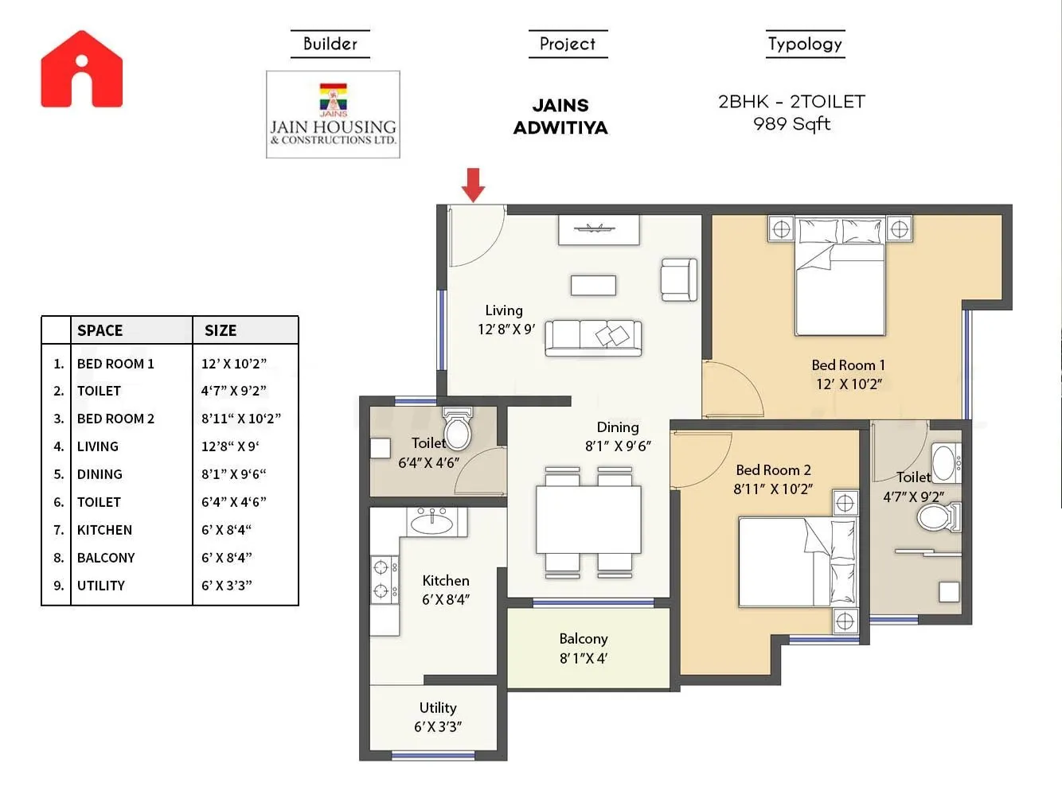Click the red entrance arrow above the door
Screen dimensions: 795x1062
click(474, 185)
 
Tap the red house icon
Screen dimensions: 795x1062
click(82, 70)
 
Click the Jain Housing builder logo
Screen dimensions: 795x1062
click(333, 115)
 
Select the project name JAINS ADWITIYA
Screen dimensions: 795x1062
click(560, 116)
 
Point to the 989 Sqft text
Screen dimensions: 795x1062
click(791, 124)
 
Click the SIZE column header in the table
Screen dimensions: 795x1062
click(221, 330)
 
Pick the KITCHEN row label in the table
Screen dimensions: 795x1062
click(104, 530)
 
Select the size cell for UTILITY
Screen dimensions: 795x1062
click(226, 586)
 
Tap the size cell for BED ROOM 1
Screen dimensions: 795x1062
click(233, 364)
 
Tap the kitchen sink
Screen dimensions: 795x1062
click(431, 522)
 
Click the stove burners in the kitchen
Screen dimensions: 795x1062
click(382, 579)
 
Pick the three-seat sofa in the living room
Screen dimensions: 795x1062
click(593, 337)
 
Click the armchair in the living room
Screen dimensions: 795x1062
click(679, 280)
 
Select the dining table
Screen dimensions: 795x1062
click(588, 520)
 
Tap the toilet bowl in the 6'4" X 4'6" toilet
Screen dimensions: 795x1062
click(458, 431)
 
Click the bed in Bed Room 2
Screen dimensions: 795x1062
click(796, 562)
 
